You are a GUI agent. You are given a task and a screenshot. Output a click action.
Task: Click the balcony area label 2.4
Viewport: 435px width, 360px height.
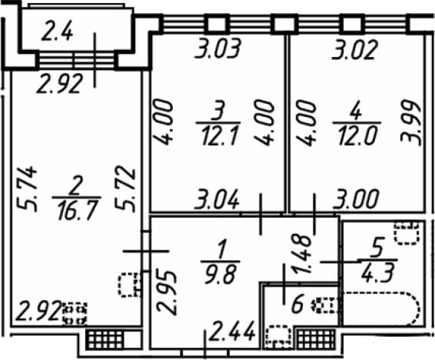point(57,32)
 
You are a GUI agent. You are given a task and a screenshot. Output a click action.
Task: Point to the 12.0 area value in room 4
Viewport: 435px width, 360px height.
point(357,135)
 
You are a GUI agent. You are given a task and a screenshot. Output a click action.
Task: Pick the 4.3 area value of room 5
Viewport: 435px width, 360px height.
point(378,272)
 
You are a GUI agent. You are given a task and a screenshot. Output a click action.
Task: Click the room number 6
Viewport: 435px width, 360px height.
point(297,304)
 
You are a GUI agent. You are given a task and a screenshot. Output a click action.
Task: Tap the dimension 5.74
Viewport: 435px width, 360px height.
point(27,188)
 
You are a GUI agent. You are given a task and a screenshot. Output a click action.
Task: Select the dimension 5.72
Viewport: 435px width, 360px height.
point(125,191)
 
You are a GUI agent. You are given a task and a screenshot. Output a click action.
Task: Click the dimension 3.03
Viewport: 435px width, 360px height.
point(217,49)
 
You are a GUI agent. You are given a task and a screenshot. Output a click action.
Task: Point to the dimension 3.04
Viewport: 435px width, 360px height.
point(217,199)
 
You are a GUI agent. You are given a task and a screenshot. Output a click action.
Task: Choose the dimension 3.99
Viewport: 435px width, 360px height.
point(410,123)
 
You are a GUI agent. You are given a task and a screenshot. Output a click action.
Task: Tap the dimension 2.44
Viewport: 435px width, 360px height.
point(232,331)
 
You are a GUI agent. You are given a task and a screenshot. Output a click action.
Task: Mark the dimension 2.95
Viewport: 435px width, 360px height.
point(166,293)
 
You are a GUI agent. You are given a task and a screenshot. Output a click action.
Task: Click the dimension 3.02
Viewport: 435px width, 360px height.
point(355,50)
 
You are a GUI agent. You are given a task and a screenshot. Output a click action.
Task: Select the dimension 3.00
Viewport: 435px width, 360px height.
point(356,199)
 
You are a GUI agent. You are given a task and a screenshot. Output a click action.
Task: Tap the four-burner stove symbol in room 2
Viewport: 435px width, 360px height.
point(75,313)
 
